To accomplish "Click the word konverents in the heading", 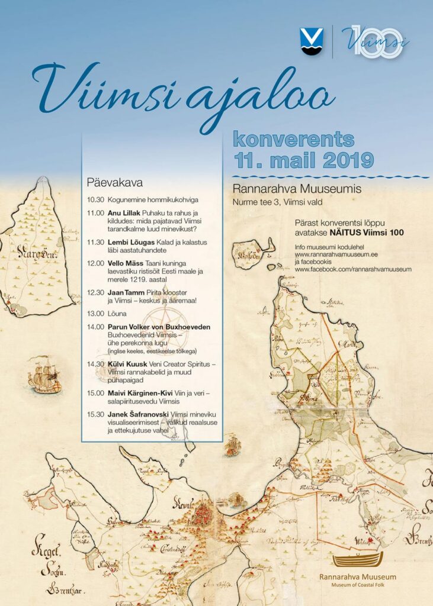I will click(x=294, y=139).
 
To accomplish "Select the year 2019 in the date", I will click(x=346, y=159).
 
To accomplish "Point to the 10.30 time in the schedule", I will click(x=95, y=199).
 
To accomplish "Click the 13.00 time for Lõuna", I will click(x=95, y=313).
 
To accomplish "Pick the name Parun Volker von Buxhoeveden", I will click(x=159, y=327).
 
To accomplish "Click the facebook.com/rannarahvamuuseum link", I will click(x=353, y=269).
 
